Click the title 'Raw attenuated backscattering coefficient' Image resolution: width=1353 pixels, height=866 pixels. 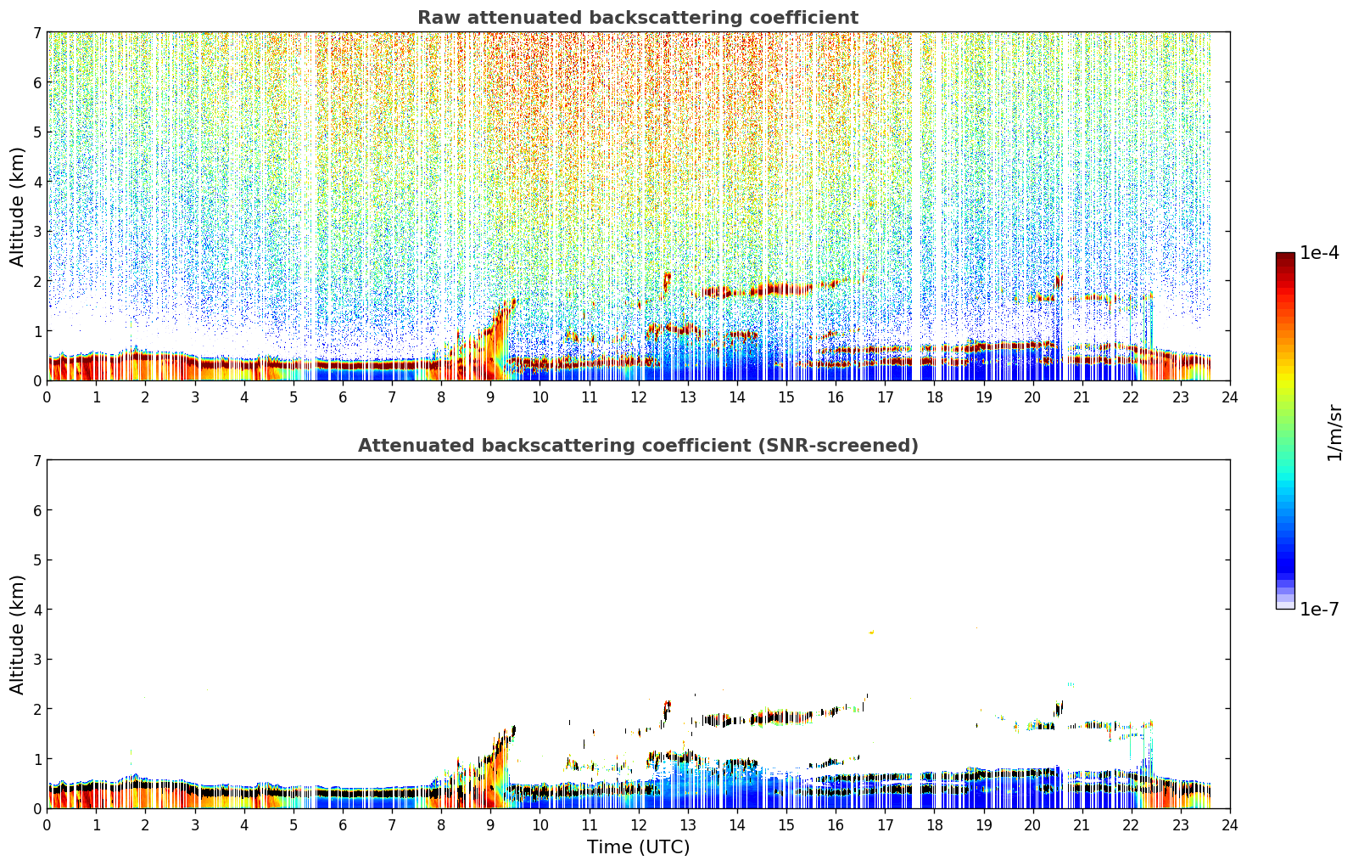(638, 18)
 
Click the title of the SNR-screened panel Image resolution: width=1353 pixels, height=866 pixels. (638, 446)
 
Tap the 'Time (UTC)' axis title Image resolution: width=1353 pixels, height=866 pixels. (638, 847)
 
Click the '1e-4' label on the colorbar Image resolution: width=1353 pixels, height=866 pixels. (1319, 253)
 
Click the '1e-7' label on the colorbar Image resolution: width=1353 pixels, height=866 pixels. (1319, 609)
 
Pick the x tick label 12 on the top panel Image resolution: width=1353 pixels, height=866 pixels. (639, 397)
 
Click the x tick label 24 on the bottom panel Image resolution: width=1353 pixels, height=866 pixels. (1230, 825)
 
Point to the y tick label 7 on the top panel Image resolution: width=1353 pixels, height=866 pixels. (36, 32)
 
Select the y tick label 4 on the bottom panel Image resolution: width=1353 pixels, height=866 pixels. (36, 610)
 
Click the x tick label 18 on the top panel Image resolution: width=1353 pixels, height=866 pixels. (935, 397)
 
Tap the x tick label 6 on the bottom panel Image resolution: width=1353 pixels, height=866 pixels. (343, 825)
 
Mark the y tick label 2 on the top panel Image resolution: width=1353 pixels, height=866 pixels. (36, 281)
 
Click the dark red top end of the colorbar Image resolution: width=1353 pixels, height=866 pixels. (1285, 256)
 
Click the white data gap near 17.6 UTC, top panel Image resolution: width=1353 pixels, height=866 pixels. (916, 205)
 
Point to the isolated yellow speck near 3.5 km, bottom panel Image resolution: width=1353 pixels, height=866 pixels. (871, 633)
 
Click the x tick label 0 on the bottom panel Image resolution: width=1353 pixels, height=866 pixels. (48, 825)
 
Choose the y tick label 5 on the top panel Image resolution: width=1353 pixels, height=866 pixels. (36, 132)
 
